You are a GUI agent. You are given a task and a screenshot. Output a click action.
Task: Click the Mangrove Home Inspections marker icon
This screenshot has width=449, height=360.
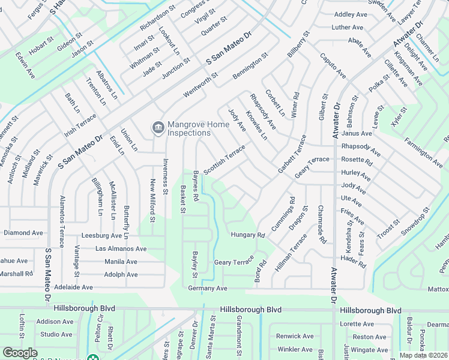point(158,127)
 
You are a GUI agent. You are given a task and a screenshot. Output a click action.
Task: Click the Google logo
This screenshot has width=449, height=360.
point(20,353)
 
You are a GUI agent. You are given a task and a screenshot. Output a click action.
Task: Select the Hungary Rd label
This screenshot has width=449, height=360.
point(248,235)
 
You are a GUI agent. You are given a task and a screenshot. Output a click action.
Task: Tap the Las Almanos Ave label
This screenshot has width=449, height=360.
point(121,248)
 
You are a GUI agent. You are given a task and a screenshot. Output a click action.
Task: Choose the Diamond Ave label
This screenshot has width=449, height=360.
point(23,232)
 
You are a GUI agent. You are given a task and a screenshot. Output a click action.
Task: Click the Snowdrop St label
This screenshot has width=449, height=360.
point(417,220)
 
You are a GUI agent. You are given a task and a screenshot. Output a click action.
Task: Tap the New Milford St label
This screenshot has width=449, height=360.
point(152,200)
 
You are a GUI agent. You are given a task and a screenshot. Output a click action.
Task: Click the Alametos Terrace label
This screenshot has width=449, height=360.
point(61,221)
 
